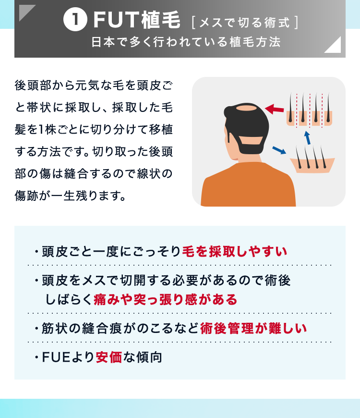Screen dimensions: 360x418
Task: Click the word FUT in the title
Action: [116, 20]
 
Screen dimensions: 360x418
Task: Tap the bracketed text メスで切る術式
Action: [245, 23]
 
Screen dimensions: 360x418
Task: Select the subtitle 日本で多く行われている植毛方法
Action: [186, 42]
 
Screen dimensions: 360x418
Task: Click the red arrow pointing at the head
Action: [274, 109]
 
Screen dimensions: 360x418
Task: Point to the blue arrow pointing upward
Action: [308, 138]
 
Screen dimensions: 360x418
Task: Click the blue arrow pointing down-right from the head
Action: [279, 150]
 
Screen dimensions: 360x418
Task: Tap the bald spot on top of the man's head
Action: [246, 109]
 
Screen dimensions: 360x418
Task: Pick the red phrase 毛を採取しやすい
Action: [235, 251]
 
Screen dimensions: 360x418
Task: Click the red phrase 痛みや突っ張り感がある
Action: [165, 299]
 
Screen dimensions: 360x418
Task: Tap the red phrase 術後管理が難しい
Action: [253, 328]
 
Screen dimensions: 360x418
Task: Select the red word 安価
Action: [108, 357]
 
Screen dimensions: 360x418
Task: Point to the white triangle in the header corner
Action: [335, 47]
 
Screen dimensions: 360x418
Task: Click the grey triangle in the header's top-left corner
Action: [25, 11]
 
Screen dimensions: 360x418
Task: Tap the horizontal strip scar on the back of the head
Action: [250, 140]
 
